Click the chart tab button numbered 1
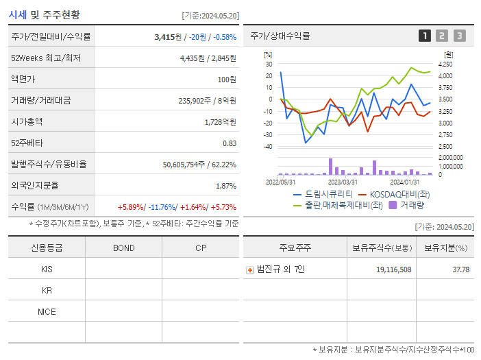tap(425, 36)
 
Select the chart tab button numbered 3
tap(459, 36)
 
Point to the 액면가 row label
tap(23, 80)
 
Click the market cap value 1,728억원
tap(220, 122)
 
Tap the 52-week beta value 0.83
tap(229, 143)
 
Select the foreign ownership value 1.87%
tap(226, 186)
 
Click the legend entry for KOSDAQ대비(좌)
tap(400, 194)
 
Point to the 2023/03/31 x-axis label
tap(343, 182)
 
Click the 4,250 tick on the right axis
tap(445, 64)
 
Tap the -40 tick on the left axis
tap(268, 146)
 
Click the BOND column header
tap(123, 248)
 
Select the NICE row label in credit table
tap(47, 311)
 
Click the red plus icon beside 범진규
tap(250, 269)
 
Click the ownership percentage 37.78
tap(456, 269)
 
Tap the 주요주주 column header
tap(295, 248)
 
